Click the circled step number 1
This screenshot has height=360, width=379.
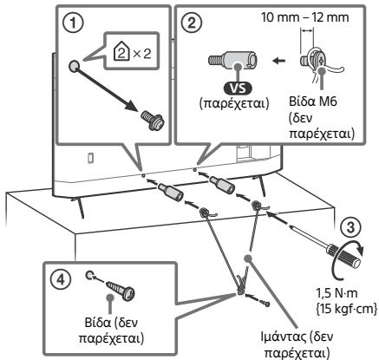click(73, 23)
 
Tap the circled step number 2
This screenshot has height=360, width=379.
click(193, 23)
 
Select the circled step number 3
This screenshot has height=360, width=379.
click(350, 227)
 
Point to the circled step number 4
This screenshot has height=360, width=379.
click(60, 279)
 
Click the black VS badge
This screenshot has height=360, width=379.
click(238, 88)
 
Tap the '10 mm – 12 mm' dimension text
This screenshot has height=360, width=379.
click(305, 17)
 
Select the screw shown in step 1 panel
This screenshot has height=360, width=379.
click(153, 121)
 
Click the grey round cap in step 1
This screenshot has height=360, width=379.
click(74, 67)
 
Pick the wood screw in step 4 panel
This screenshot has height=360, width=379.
click(121, 290)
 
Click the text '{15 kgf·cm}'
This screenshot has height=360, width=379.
click(345, 308)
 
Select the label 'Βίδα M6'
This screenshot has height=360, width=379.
click(313, 101)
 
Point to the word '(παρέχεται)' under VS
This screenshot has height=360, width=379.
click(234, 103)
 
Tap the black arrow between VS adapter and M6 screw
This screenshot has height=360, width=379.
click(279, 61)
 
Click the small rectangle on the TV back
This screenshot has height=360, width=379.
click(90, 158)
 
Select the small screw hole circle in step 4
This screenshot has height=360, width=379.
click(89, 275)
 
